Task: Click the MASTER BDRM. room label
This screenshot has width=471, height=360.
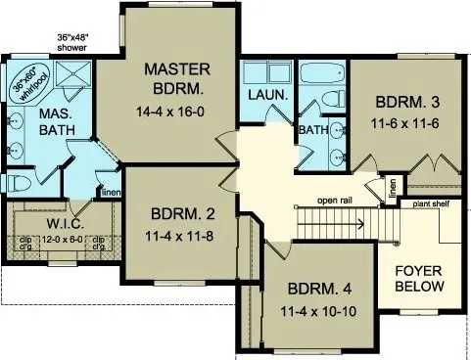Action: [179, 78]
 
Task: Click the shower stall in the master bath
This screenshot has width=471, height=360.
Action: [71, 76]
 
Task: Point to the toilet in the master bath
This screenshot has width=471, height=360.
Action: [16, 184]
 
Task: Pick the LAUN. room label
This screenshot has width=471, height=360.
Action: [266, 95]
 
